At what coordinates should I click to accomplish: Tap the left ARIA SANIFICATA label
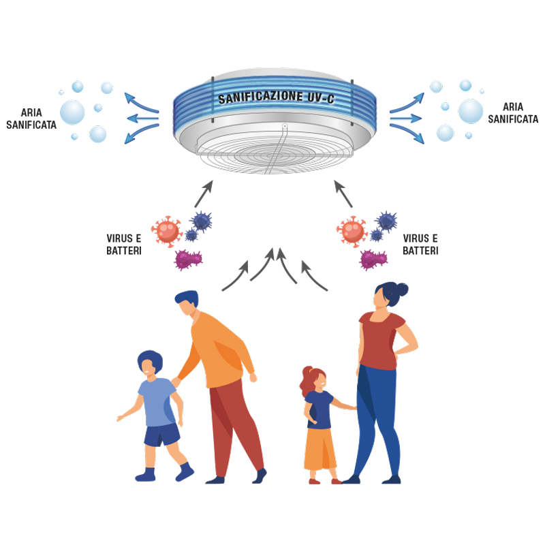pos(31,117)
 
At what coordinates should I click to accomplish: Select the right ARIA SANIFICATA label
pos(512,112)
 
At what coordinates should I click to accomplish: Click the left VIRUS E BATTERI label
pos(126,245)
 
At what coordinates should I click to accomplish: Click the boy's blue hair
pos(149,359)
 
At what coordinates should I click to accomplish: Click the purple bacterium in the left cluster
pos(188,259)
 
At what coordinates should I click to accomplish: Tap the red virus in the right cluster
pos(353,230)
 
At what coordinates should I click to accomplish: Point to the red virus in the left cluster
pos(168,230)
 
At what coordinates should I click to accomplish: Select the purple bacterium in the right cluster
pos(373,259)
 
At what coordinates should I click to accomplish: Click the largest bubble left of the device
pos(72,111)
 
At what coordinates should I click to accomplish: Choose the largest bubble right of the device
pos(470,110)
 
